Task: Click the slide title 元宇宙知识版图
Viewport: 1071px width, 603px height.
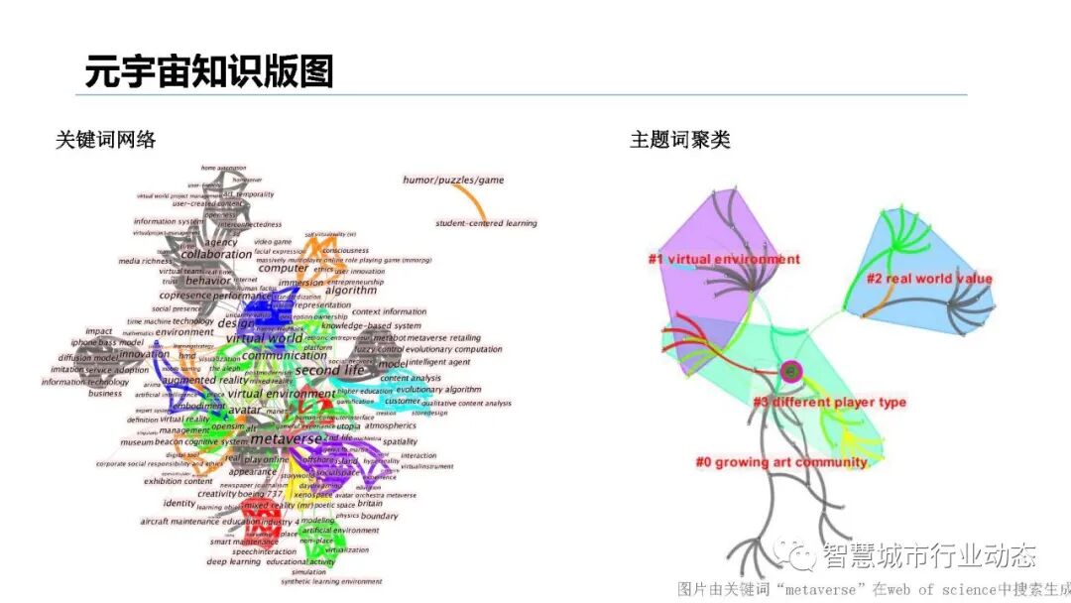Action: point(209,71)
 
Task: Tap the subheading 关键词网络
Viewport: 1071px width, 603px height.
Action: point(106,140)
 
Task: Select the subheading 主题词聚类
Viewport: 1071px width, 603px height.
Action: point(680,140)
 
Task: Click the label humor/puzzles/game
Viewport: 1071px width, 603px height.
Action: point(453,180)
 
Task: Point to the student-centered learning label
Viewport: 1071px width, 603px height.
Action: point(486,223)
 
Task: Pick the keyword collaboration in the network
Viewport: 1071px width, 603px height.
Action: point(216,255)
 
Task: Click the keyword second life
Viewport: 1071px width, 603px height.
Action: point(330,371)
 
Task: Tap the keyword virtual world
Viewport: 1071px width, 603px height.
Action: point(264,338)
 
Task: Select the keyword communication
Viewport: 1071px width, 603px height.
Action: point(285,356)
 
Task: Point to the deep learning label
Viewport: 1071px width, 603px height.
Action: point(233,562)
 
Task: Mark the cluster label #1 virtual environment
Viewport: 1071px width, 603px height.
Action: point(724,260)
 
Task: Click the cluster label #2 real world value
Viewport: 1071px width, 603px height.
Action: point(929,279)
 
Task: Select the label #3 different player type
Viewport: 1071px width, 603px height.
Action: point(829,403)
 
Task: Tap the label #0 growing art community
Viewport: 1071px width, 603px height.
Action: point(781,462)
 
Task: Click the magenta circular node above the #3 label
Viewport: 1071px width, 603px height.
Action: point(790,372)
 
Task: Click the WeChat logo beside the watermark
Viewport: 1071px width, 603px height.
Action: point(798,556)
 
